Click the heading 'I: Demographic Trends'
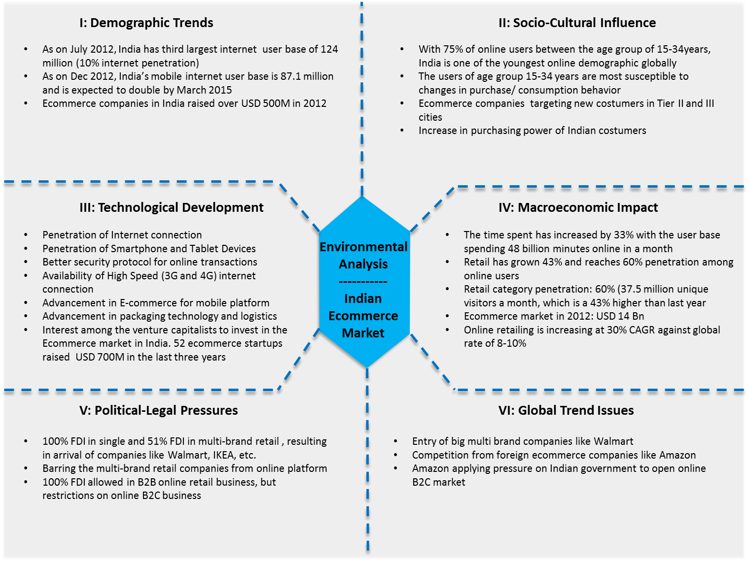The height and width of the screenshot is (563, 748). click(146, 23)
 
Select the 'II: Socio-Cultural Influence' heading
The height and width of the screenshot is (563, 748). click(577, 23)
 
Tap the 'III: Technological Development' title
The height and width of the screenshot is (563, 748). click(171, 207)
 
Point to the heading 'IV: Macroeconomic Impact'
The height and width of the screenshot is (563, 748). click(578, 207)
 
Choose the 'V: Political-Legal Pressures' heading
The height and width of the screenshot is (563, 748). click(158, 410)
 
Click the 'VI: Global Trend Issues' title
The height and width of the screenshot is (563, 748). click(566, 410)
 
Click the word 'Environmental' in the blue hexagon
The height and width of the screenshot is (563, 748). click(363, 247)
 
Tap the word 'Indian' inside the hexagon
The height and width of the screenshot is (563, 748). click(363, 298)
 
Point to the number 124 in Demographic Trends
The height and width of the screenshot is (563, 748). click(329, 49)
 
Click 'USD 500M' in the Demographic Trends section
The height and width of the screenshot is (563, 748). click(262, 103)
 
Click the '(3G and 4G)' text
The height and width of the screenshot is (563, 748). click(189, 276)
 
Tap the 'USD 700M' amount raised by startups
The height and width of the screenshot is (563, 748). click(100, 357)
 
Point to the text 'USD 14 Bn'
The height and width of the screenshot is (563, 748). click(620, 316)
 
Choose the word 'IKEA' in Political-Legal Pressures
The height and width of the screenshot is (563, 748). click(224, 455)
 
